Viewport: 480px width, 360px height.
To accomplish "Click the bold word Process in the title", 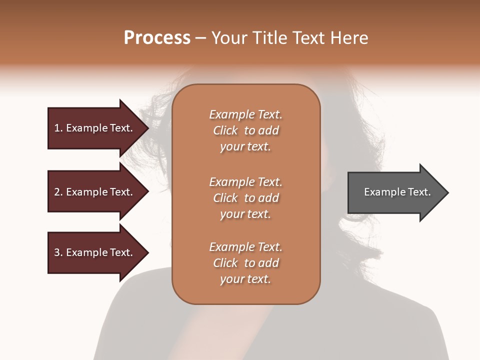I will [x=157, y=38].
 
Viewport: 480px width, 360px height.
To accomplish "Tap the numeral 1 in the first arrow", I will [x=56, y=128].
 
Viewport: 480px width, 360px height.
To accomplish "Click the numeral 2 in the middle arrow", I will [x=57, y=192].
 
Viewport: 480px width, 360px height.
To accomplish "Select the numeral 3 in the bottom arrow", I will [x=57, y=252].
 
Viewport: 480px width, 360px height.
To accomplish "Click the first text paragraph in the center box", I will [x=245, y=130].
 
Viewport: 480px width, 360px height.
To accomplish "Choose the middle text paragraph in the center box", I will [x=245, y=197].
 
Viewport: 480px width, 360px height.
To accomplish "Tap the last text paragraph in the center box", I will [x=245, y=263].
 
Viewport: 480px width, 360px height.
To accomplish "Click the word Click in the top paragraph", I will [x=225, y=130].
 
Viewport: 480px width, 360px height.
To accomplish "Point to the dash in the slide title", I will [x=201, y=38].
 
